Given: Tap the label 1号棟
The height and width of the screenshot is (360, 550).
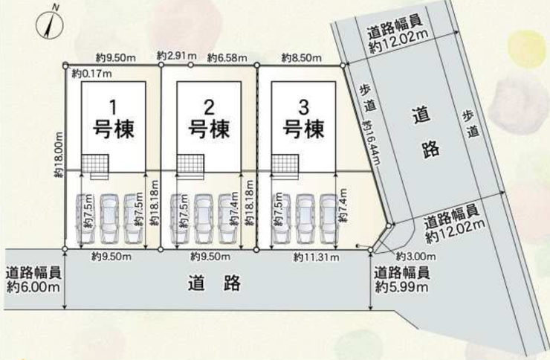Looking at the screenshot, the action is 113,118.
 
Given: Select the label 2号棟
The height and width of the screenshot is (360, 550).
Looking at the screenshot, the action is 209,118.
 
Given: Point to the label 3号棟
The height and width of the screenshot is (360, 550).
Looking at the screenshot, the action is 304,118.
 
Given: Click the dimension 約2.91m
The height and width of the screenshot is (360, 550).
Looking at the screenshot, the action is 177,56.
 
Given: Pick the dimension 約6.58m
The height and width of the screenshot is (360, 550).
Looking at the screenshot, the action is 227,57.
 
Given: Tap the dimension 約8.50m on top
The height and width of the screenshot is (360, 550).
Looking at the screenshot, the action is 301,57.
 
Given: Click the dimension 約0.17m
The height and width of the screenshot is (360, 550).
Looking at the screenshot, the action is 92,74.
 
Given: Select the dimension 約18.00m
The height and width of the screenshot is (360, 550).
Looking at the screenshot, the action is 59,155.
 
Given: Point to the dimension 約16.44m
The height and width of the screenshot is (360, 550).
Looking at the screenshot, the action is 372,142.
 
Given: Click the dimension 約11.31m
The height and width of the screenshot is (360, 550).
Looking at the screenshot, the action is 317,257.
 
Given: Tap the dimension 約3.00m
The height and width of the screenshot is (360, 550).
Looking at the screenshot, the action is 416,257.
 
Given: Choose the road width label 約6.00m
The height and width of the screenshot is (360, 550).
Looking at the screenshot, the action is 33,287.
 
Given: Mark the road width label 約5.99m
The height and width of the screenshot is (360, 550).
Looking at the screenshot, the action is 401,287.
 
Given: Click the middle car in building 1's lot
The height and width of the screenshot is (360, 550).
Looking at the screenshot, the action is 109,219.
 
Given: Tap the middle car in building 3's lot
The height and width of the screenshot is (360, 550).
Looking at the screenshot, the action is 305,219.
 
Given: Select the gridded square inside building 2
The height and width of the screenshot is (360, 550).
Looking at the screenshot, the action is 190,164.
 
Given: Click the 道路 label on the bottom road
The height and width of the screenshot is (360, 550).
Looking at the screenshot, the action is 214,283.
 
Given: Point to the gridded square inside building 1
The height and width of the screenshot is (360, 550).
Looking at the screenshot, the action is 94,164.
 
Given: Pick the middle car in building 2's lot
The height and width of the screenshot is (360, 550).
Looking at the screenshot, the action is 204,219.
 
